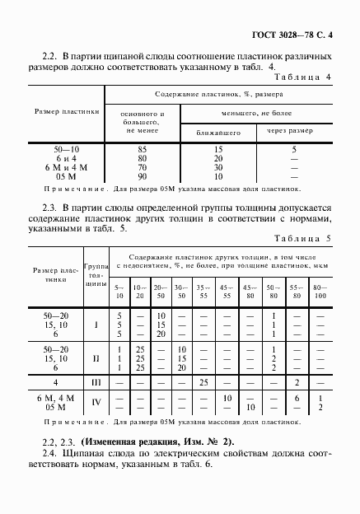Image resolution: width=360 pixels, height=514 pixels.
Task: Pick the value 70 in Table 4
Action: coord(143,166)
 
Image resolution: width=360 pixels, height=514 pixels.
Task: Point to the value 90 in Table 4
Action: coord(143,175)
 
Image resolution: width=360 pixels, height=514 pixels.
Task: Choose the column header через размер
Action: coord(294,131)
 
